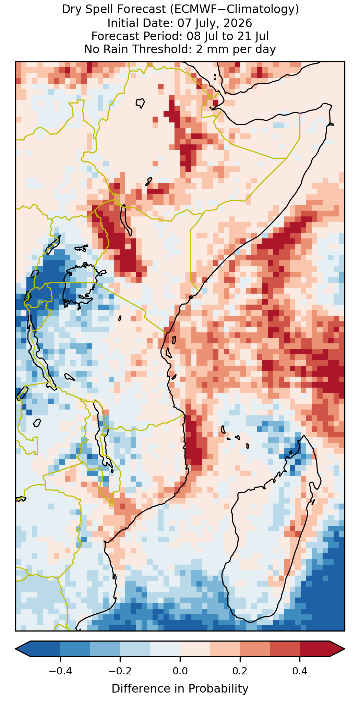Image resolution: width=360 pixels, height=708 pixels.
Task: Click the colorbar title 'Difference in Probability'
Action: tap(180, 688)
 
